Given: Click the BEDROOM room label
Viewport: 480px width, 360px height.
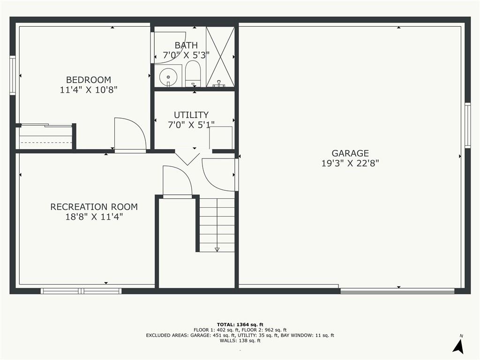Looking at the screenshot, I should click(x=89, y=80).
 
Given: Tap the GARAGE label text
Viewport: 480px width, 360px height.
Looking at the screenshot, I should click(x=350, y=153).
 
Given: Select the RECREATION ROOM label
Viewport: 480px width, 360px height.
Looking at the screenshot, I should click(x=94, y=207).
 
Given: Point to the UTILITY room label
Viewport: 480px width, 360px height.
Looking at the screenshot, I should click(x=191, y=115).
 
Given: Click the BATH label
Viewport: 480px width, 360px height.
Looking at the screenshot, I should click(x=186, y=45).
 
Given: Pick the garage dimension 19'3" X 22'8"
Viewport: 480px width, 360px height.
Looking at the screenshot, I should click(x=350, y=163).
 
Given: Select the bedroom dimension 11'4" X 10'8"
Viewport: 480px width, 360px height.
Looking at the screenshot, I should click(x=89, y=90).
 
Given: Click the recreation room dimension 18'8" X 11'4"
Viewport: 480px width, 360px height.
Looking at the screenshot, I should click(x=94, y=217).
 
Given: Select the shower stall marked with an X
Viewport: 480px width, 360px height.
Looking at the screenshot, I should click(x=220, y=57).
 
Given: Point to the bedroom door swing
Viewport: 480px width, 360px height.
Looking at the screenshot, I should click(x=129, y=135).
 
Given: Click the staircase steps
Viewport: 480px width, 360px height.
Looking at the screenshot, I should click(x=217, y=224).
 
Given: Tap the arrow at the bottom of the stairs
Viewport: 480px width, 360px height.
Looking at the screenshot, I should click(x=217, y=249).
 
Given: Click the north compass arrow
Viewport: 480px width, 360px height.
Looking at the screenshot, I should click(x=458, y=345).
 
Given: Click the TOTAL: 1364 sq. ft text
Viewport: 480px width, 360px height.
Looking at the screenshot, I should click(x=240, y=324).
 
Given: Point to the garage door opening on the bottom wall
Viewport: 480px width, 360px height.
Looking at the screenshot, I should click(x=397, y=291).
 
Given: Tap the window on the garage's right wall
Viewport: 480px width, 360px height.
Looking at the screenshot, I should click(x=467, y=125).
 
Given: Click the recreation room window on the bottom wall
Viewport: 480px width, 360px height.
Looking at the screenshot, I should click(x=81, y=291).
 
